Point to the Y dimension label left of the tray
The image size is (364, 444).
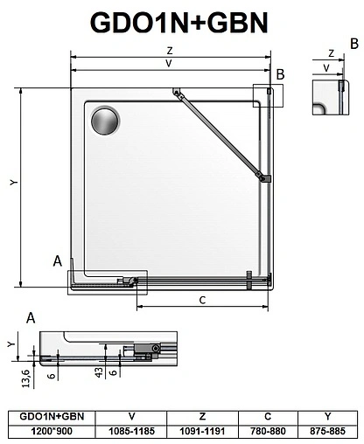pos(12,181)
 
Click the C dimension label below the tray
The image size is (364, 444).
pos(201,301)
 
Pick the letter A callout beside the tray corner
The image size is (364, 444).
pos(57,260)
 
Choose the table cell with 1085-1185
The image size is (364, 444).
pos(131,431)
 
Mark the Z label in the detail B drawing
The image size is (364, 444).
pos(330,52)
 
